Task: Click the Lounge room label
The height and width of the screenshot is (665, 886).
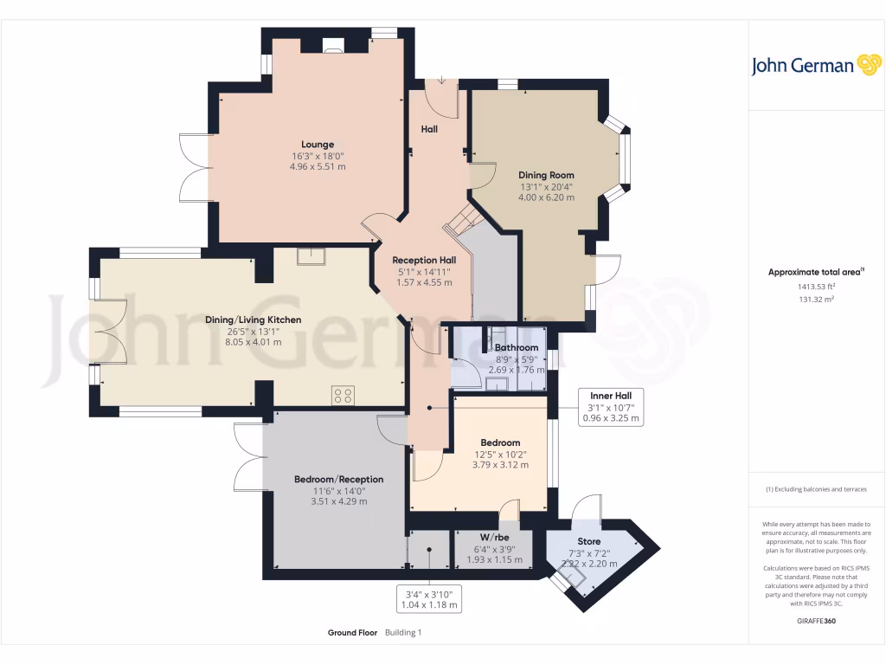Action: tap(318, 145)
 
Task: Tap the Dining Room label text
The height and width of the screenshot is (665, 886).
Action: tap(546, 174)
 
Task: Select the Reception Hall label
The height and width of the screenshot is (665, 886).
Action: tap(424, 260)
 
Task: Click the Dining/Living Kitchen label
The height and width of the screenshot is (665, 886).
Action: tap(253, 320)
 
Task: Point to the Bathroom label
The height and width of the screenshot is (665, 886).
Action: tap(517, 347)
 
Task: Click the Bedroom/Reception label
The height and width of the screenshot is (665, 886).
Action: tap(338, 479)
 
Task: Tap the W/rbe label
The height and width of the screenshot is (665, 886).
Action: tap(494, 537)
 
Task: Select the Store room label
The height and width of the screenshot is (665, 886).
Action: tap(588, 541)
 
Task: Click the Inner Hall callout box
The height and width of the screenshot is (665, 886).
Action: tap(611, 407)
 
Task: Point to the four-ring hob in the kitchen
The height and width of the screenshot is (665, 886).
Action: tap(343, 395)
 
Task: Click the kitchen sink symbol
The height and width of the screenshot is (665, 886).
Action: tap(309, 256)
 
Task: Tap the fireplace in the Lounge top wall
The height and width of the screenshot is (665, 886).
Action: tap(332, 45)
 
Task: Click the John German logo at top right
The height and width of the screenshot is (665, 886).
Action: tap(815, 65)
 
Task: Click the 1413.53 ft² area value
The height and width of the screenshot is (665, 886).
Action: tap(816, 286)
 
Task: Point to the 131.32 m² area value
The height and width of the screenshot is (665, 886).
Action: tap(816, 299)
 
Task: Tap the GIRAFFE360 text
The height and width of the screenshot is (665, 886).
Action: tap(816, 621)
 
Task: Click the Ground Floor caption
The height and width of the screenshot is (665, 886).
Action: tap(352, 633)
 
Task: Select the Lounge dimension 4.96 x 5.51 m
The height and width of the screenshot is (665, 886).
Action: tap(318, 166)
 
